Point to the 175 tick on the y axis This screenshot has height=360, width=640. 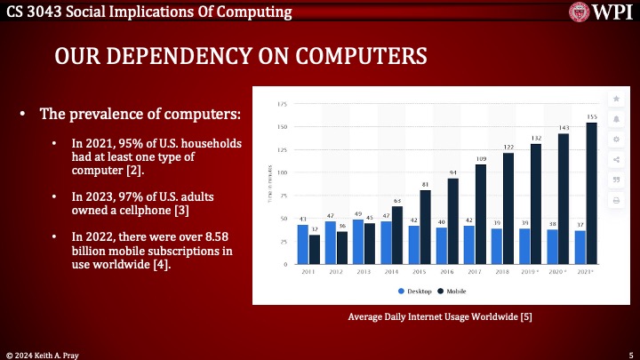tap(282, 104)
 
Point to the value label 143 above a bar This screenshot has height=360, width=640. tap(563, 128)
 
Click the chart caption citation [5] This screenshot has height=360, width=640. tap(526, 316)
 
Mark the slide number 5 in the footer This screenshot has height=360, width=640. tap(630, 353)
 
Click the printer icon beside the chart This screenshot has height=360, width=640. tap(615, 201)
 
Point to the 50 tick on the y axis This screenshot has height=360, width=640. tap(283, 219)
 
